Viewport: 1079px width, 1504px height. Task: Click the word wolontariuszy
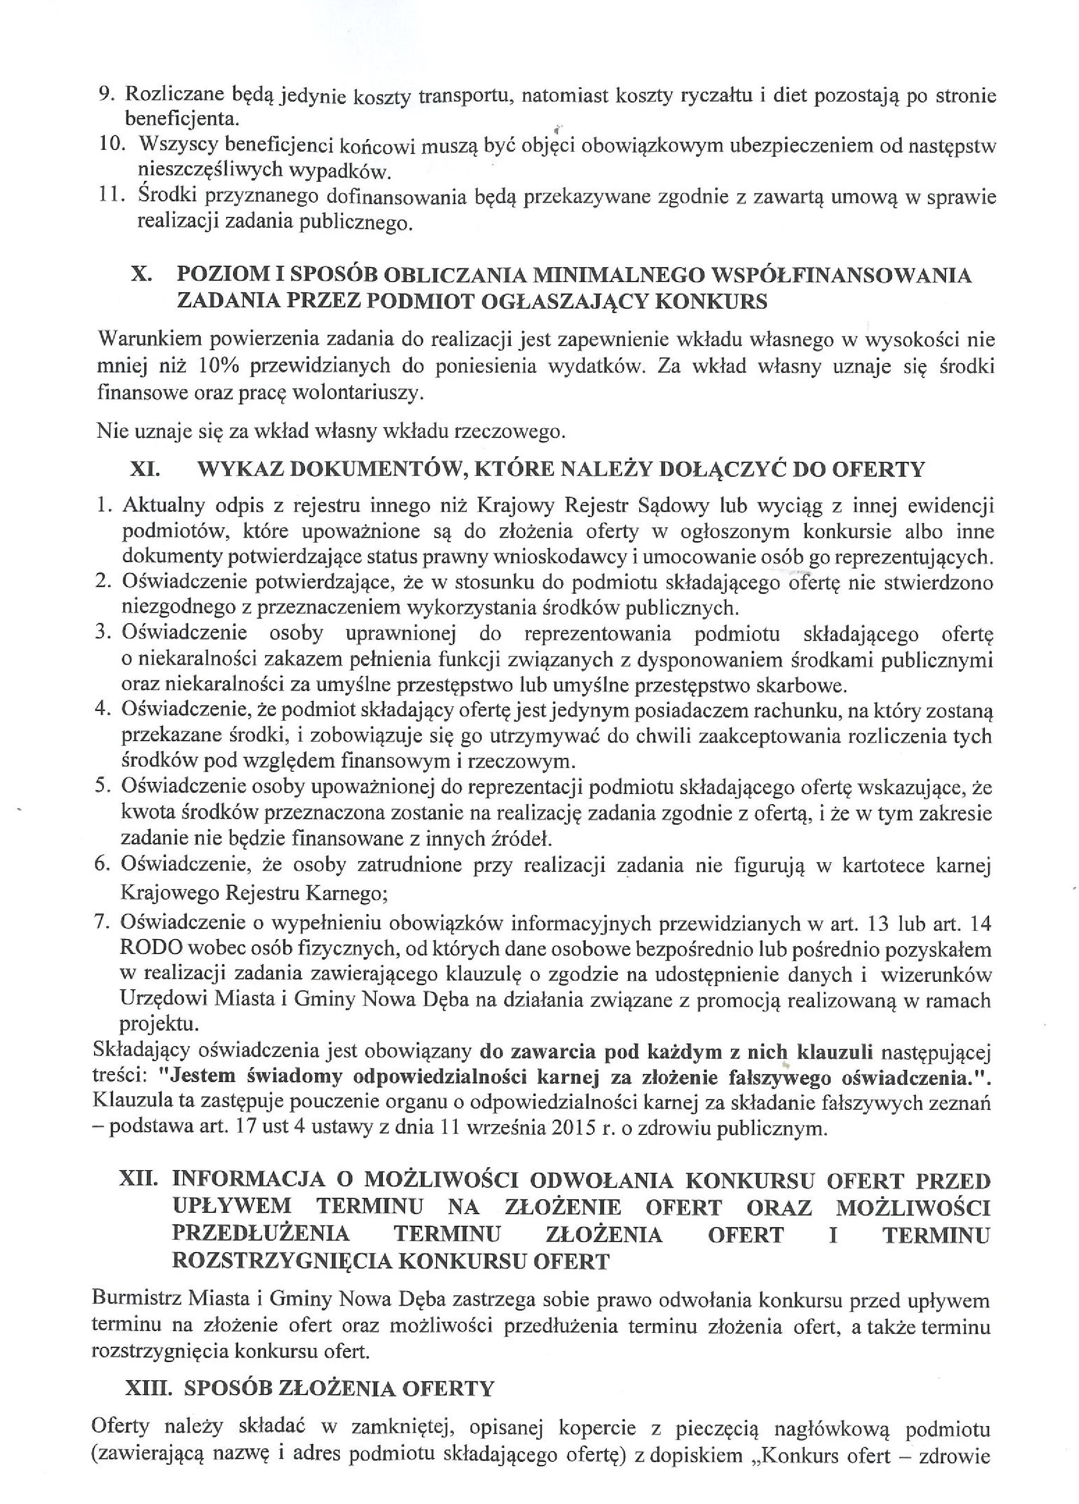tap(355, 394)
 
